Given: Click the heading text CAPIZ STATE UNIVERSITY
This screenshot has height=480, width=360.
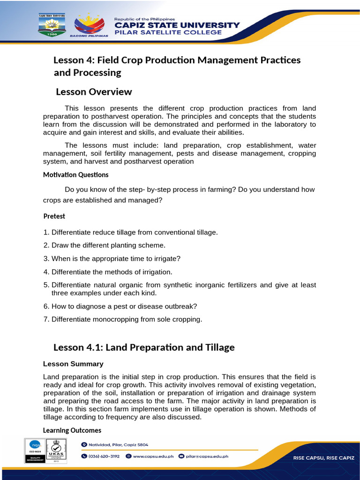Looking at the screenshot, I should pos(177,25).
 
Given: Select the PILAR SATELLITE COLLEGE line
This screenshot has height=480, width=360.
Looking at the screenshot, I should pos(168,33).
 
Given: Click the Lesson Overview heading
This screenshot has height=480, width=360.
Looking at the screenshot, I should pos(94,92).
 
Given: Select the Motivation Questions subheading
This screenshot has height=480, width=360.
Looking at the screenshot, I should pos(75,175).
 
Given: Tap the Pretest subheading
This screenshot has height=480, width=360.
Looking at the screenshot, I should pos(54,216).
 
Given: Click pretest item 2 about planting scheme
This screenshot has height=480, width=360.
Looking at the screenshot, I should pos(104,245).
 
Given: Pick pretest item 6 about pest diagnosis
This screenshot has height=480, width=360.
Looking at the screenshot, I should pos(120,306).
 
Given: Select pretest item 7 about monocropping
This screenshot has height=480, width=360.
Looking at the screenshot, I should pos(122,319).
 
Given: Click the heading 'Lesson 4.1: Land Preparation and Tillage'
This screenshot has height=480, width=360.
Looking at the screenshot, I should pos(144,347).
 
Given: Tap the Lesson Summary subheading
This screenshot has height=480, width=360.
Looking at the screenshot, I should pos(73,364).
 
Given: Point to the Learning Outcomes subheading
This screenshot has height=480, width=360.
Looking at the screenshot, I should pos(72,430).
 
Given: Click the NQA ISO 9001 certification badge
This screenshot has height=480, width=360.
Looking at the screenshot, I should pos(35,450).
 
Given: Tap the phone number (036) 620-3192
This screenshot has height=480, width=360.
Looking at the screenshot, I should pos(100,456).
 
